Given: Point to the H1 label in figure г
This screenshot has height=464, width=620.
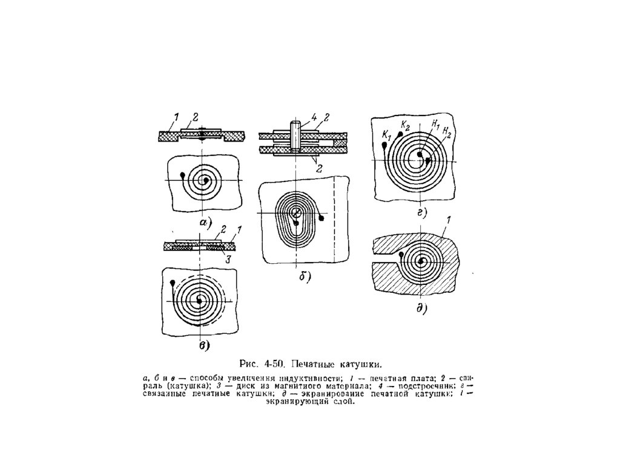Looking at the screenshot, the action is pyautogui.click(x=435, y=123).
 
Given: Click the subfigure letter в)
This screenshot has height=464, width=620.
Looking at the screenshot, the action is pyautogui.click(x=204, y=345).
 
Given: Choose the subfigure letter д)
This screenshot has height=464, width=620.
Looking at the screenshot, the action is pyautogui.click(x=421, y=309).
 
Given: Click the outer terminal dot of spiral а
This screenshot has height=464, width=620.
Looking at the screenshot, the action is pyautogui.click(x=182, y=175).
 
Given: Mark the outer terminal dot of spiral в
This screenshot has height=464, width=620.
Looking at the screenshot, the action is pyautogui.click(x=174, y=283).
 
